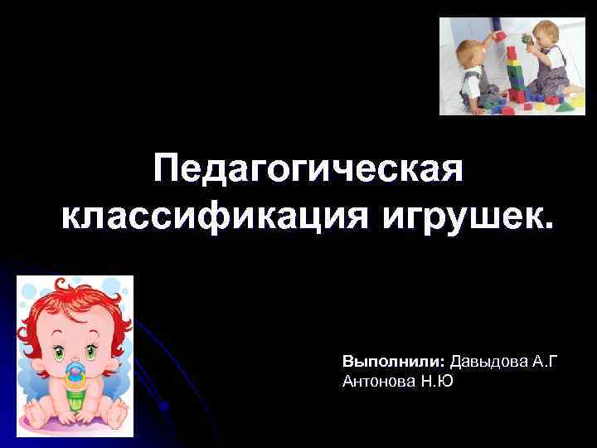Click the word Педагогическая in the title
(308, 172)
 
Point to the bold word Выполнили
(394, 363)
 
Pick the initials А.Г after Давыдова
(545, 363)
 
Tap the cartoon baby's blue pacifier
(75, 374)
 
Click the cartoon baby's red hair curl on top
(71, 290)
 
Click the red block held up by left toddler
(499, 36)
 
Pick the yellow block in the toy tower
(513, 83)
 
